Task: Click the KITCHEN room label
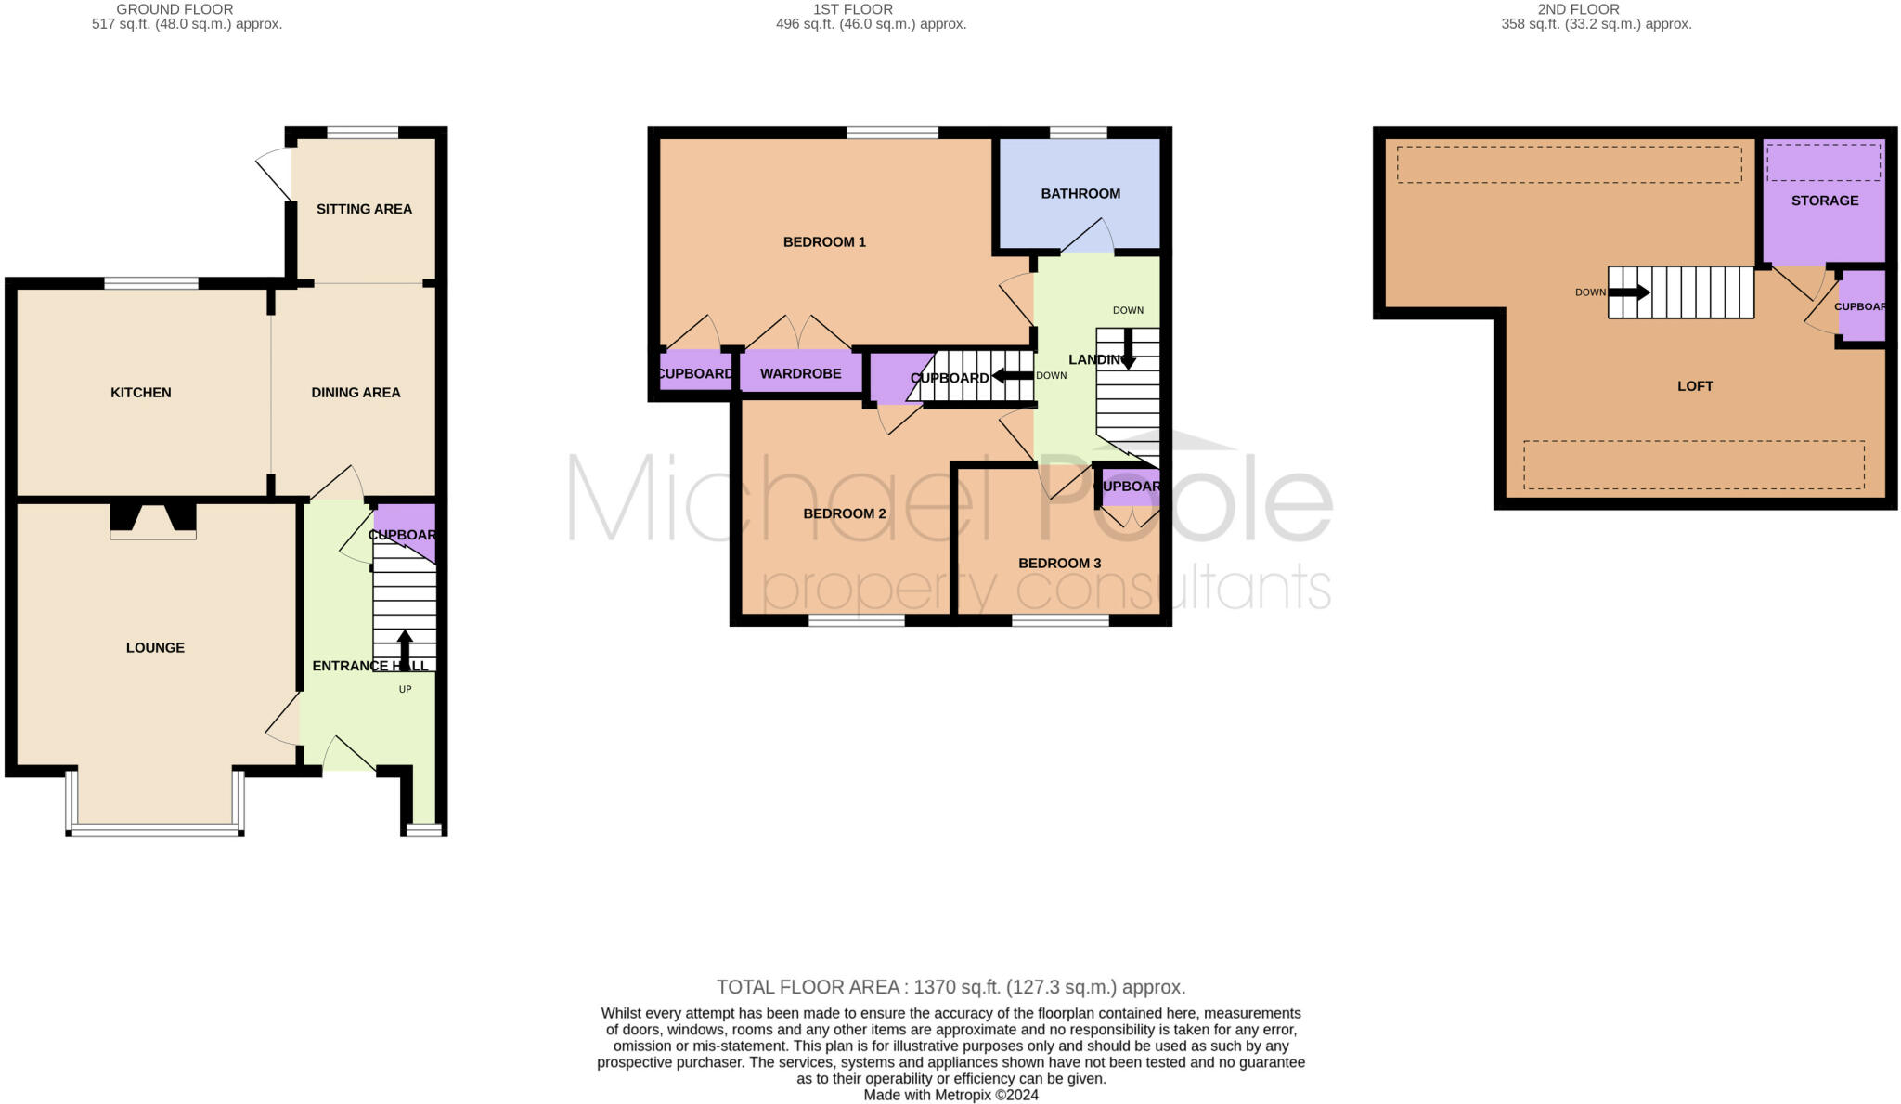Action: click(x=141, y=393)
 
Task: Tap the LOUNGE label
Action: click(x=155, y=648)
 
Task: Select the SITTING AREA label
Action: click(x=364, y=209)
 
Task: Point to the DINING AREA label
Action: click(x=356, y=393)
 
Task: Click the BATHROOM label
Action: click(x=1080, y=194)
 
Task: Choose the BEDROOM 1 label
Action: click(x=824, y=242)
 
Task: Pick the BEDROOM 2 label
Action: click(x=845, y=513)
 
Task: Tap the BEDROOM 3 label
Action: click(x=1059, y=564)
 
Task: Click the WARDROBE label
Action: click(x=800, y=374)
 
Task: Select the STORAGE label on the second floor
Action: click(x=1825, y=201)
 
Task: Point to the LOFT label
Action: click(x=1695, y=386)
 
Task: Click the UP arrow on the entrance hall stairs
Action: click(x=405, y=650)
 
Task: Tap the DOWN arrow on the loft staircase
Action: click(x=1629, y=292)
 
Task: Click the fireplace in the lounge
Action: click(x=153, y=521)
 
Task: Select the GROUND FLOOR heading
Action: click(x=175, y=9)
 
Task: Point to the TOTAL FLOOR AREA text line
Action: click(x=950, y=987)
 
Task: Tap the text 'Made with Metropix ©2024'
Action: click(x=950, y=1095)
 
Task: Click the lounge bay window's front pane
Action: click(x=155, y=830)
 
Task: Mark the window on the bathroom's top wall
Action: click(x=1079, y=133)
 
